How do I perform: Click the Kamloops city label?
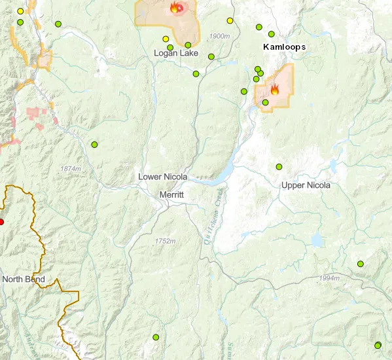tap(284, 47)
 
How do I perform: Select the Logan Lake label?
tap(176, 52)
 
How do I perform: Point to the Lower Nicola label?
tap(163, 177)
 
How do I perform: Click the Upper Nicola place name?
tap(306, 185)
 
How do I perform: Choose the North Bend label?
tap(24, 279)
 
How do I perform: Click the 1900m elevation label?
tap(220, 35)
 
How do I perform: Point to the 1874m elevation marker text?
tap(71, 169)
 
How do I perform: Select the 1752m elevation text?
tap(166, 242)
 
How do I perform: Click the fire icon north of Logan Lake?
tap(175, 8)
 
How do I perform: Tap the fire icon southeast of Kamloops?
tap(275, 90)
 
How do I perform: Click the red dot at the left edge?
tap(1, 222)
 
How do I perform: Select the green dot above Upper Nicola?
tap(279, 167)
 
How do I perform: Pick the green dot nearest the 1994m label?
tap(360, 264)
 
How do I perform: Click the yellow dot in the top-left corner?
tap(20, 11)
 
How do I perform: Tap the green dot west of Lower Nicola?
tap(94, 144)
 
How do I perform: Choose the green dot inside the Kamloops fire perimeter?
tap(265, 102)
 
